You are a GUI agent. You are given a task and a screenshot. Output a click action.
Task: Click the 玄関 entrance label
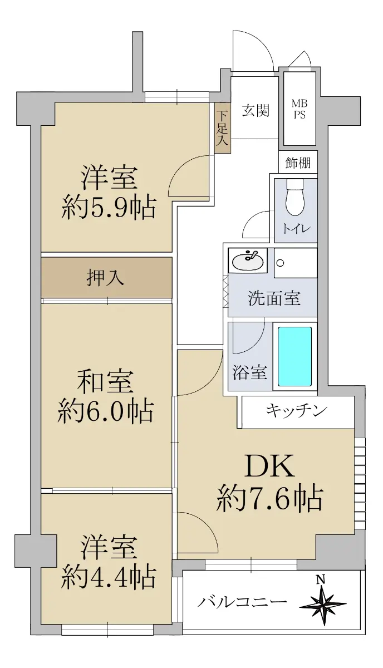256,110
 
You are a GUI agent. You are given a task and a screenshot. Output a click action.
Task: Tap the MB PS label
299,109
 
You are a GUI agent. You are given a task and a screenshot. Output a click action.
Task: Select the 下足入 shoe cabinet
223,128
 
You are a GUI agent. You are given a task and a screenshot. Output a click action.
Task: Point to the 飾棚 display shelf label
298,163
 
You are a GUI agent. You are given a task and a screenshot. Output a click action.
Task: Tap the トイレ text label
297,229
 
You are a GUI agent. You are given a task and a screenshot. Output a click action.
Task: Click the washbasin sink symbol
248,261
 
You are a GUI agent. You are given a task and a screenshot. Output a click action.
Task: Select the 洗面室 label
274,298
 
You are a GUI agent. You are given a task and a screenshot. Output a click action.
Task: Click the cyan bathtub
294,356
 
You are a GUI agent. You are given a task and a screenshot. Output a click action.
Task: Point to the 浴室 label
249,372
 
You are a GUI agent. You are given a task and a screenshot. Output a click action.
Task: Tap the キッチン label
297,411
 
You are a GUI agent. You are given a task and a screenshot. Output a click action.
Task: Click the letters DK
269,465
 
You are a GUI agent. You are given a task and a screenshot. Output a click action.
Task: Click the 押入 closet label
105,278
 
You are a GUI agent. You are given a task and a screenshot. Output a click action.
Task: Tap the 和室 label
105,381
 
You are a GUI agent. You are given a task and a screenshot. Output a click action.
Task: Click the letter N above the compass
321,579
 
